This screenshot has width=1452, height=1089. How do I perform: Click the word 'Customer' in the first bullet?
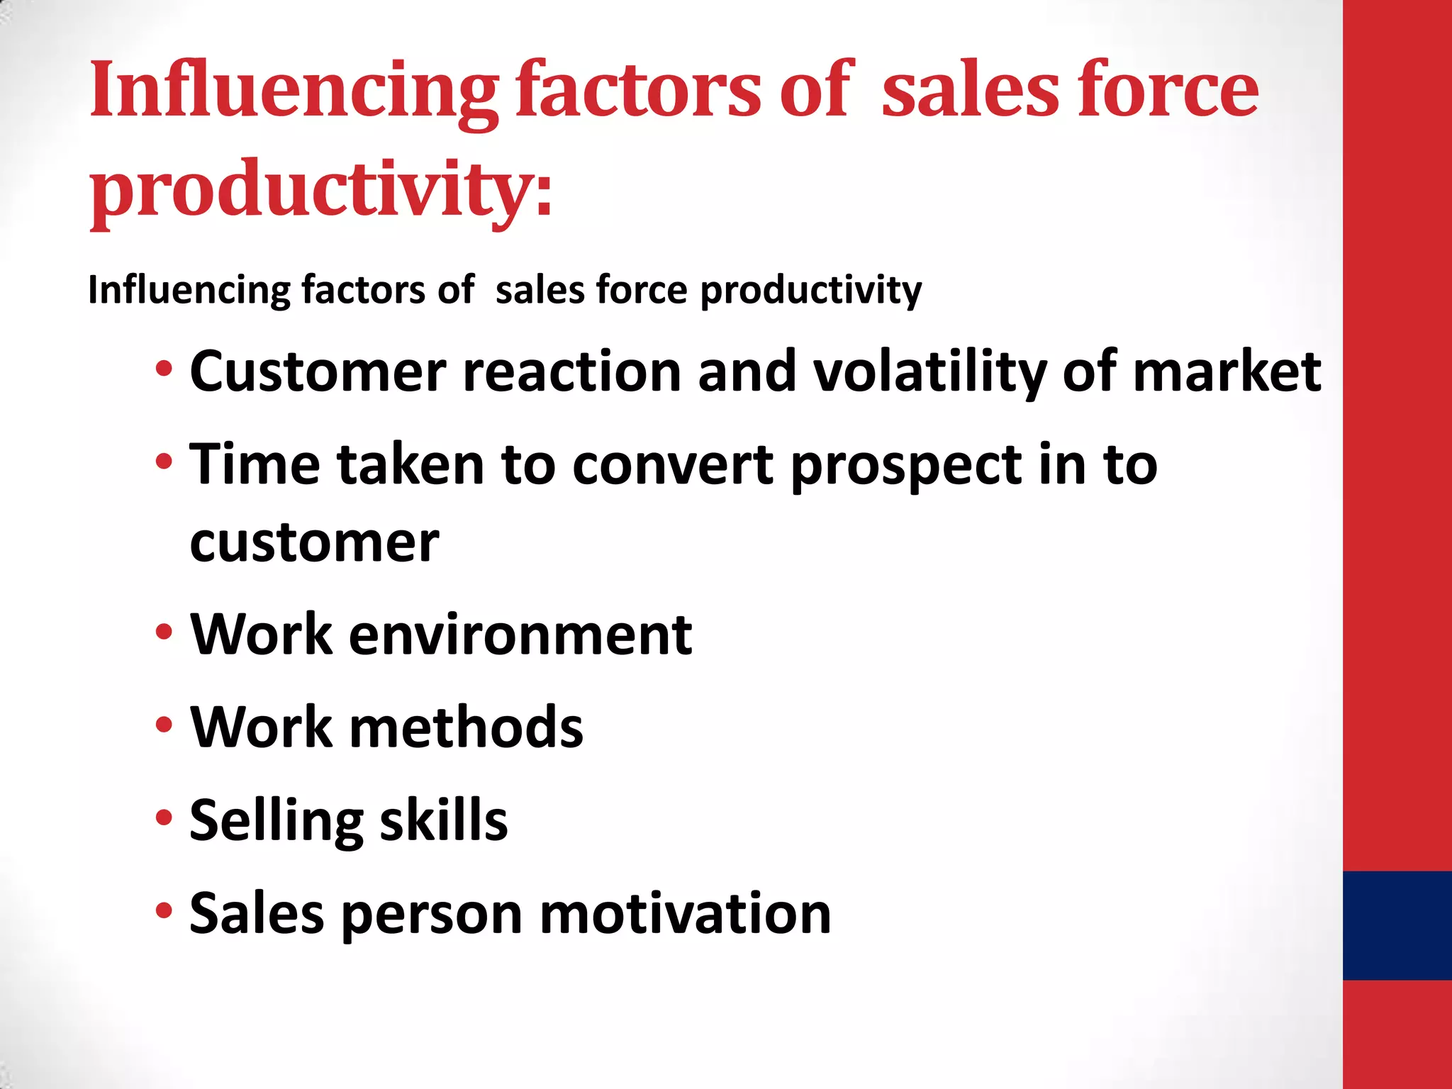pyautogui.click(x=318, y=372)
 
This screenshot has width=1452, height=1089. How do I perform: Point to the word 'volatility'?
pyautogui.click(x=929, y=372)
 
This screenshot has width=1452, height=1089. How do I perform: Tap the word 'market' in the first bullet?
pyautogui.click(x=1227, y=372)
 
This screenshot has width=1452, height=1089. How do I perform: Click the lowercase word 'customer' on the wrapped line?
pyautogui.click(x=315, y=543)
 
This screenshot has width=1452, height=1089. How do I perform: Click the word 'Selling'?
pyautogui.click(x=276, y=821)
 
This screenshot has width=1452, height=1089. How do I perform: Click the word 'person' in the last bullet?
pyautogui.click(x=432, y=915)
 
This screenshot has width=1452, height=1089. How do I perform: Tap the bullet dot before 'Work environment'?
pyautogui.click(x=164, y=632)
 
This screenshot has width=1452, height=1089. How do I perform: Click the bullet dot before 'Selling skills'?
pyautogui.click(x=164, y=817)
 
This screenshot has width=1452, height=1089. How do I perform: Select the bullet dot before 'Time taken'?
pyautogui.click(x=164, y=462)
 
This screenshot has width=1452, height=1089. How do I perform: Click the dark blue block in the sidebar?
pyautogui.click(x=1397, y=925)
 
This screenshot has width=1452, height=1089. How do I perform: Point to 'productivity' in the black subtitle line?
pyautogui.click(x=811, y=291)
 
